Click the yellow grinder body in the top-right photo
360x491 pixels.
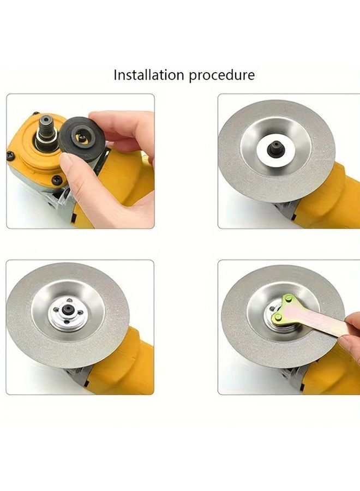pos(333,191)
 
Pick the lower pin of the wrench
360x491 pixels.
pos(279,316)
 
